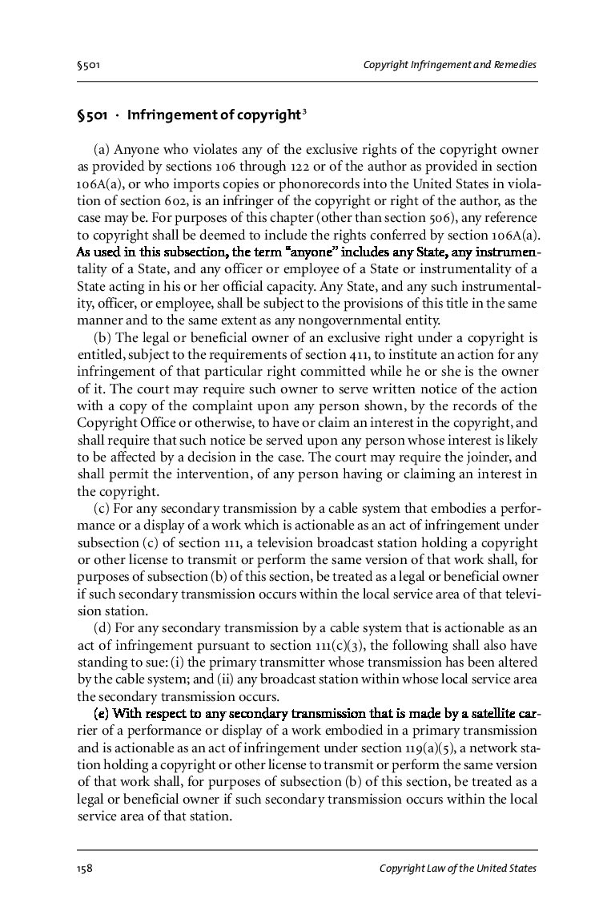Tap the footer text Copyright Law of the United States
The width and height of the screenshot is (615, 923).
[x=457, y=869]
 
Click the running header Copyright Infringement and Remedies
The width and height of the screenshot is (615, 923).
[x=449, y=64]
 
